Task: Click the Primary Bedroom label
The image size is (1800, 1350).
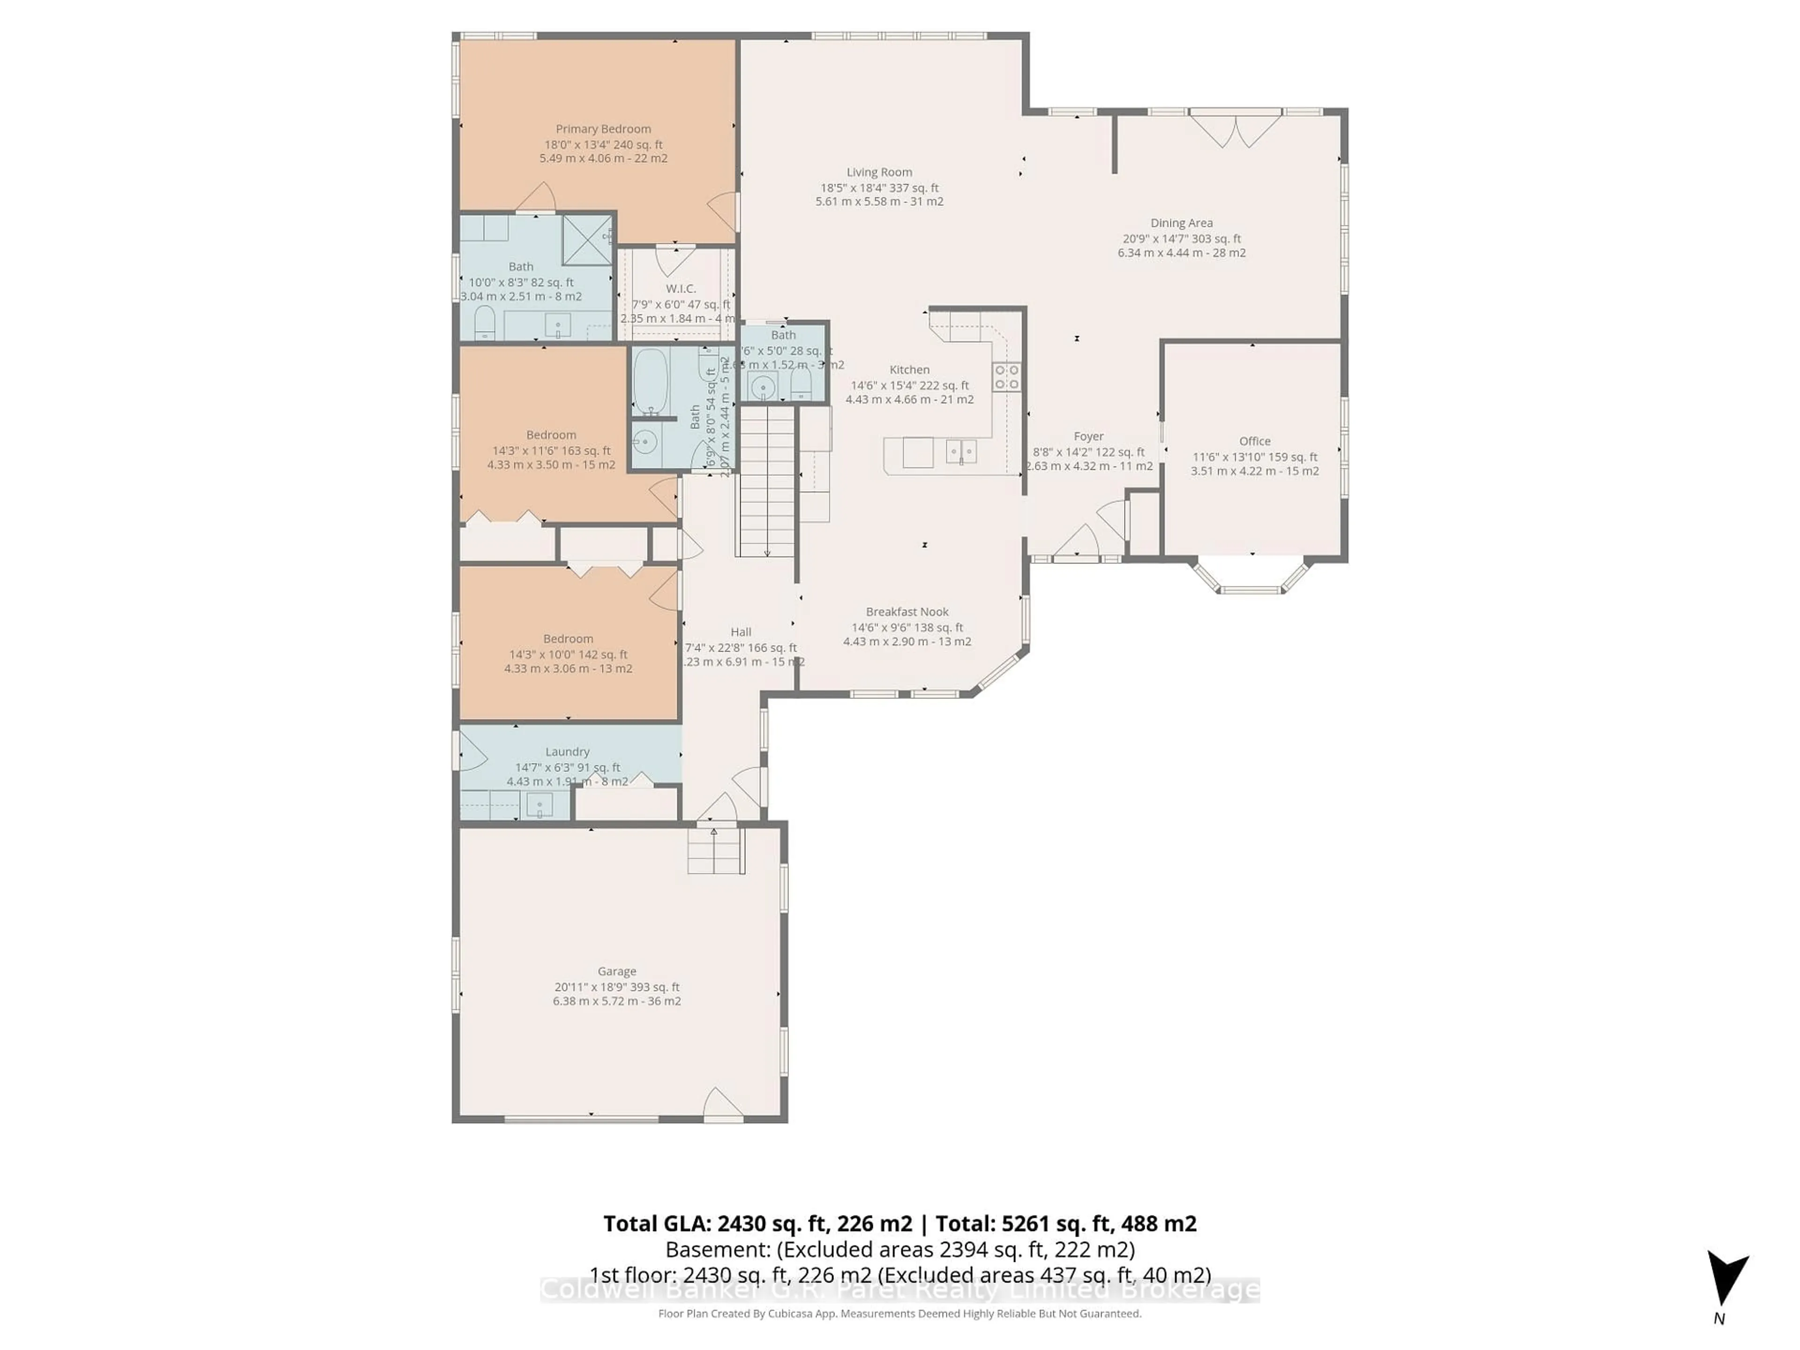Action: click(603, 128)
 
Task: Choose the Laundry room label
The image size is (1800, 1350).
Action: click(567, 751)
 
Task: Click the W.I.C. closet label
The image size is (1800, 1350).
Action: click(680, 288)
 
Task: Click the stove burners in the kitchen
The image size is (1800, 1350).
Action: click(1006, 377)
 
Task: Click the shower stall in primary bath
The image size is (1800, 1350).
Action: click(587, 239)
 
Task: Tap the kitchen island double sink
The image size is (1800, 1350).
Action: click(960, 451)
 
